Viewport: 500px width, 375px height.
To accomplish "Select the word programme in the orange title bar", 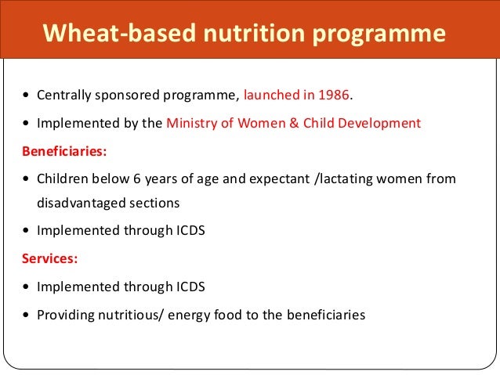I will pos(382,34).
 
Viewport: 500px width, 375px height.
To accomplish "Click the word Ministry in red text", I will pos(191,122).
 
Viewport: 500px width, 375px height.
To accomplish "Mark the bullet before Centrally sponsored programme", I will pos(27,97).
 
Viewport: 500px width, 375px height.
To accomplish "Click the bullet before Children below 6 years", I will pos(27,178).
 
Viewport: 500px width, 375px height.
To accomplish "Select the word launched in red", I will pos(269,96).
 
